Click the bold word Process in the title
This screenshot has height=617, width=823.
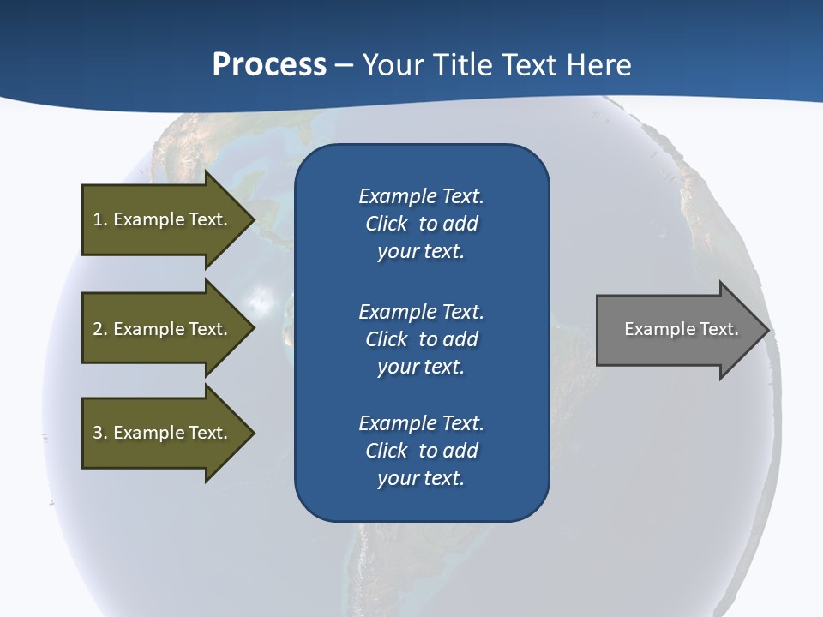click(x=269, y=65)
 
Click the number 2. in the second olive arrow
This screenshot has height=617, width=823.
click(x=100, y=329)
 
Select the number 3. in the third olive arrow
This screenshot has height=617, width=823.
click(x=100, y=433)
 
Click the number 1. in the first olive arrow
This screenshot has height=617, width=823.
click(x=100, y=219)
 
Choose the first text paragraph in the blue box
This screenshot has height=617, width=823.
click(x=421, y=224)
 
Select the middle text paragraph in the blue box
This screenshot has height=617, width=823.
click(x=421, y=339)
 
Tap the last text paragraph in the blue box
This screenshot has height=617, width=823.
click(x=421, y=451)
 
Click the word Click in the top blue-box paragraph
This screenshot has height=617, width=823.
click(x=386, y=224)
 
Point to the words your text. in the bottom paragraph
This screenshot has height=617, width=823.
click(x=421, y=478)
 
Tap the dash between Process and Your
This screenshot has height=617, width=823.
click(x=344, y=65)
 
